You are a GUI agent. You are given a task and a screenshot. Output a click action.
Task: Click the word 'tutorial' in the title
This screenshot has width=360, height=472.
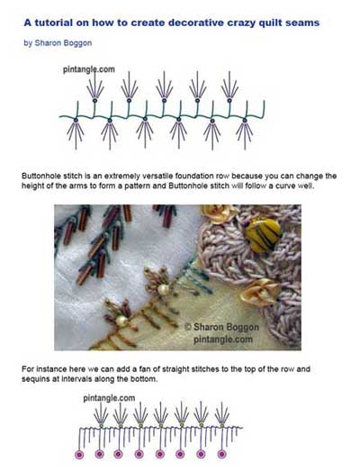49,23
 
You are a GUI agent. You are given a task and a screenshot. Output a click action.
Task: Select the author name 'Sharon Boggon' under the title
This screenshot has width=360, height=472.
63,42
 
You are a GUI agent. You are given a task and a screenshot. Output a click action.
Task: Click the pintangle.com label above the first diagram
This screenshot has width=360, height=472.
89,69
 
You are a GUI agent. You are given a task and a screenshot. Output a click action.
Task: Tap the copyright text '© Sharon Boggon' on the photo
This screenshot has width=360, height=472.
222,327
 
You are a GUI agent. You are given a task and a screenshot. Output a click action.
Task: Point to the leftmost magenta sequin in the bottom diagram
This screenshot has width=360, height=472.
79,454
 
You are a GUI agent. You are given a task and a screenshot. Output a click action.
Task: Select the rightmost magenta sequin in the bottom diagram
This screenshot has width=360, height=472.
221,454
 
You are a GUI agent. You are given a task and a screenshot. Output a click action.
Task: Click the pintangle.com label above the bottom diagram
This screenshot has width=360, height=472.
109,398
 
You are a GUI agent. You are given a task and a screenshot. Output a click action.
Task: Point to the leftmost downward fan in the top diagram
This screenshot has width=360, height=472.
76,133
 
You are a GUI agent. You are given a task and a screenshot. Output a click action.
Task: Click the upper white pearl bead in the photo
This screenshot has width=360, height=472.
163,289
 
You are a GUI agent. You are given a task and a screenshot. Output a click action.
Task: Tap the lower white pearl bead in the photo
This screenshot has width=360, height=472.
121,321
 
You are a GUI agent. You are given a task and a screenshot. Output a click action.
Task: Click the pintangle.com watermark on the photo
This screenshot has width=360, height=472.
223,340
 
